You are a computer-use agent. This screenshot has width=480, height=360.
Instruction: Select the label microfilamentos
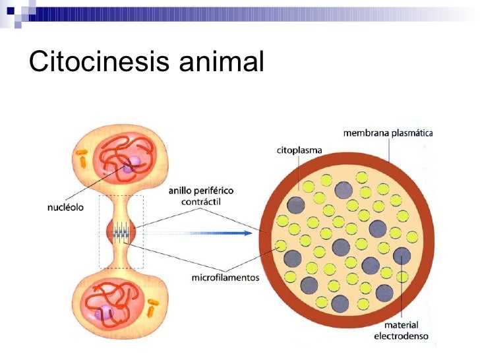click(225, 278)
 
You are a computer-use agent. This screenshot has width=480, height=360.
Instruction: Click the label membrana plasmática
click(387, 133)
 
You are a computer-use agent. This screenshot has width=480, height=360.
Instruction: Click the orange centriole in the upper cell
click(82, 158)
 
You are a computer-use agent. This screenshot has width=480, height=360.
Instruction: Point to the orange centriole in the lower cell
click(153, 307)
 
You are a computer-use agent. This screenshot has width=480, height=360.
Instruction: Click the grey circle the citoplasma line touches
click(295, 204)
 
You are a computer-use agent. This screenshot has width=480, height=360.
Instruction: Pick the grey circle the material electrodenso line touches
click(402, 256)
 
